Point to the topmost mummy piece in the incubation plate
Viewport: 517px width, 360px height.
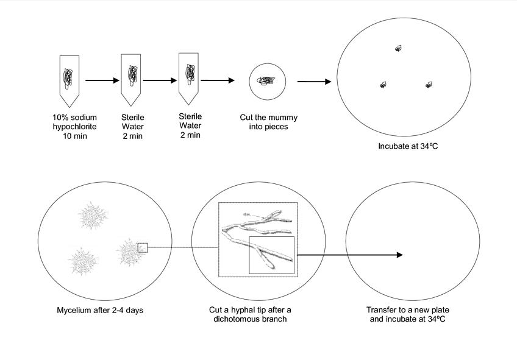point(398,48)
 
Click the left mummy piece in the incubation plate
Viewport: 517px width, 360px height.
point(383,85)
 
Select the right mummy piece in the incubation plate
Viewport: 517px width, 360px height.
point(429,85)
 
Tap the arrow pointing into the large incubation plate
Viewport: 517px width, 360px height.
point(314,81)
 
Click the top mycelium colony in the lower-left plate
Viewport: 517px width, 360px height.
point(94,216)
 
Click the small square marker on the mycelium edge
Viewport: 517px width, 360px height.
point(143,247)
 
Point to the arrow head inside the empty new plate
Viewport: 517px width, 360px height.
point(399,255)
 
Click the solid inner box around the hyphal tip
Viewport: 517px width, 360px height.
point(271,256)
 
